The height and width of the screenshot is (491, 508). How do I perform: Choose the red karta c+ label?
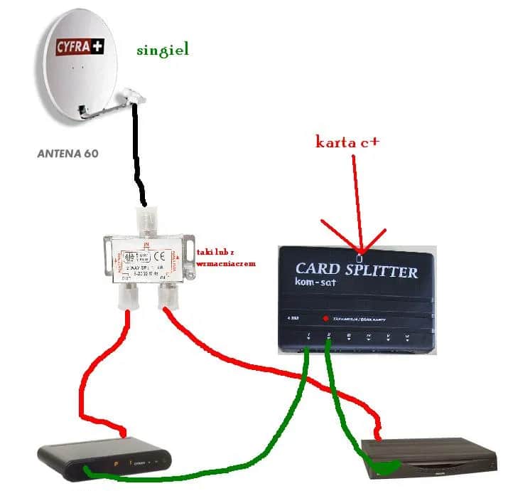coord(347,142)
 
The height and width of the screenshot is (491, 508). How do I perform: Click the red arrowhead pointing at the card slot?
coord(362,246)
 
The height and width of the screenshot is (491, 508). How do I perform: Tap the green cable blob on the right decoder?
coord(386,467)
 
